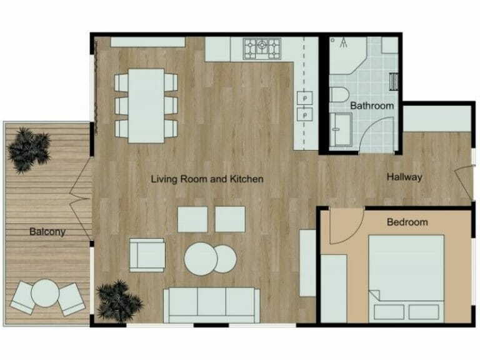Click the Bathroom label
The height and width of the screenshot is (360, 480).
pos(372,106)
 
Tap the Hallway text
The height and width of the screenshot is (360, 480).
pos(404,177)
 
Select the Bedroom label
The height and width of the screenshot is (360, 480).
pos(407,222)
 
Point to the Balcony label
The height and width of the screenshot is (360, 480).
pos(47,232)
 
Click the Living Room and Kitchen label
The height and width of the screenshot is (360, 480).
pos(207,179)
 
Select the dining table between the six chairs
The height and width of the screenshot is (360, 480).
pos(146,104)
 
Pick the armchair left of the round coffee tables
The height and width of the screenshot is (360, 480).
pos(147,254)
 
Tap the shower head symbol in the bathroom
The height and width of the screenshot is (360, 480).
pos(343,42)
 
